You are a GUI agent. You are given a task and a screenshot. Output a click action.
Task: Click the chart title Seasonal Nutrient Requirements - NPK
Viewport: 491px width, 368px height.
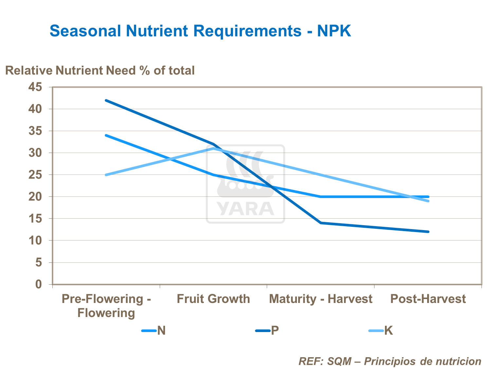pyautogui.click(x=200, y=31)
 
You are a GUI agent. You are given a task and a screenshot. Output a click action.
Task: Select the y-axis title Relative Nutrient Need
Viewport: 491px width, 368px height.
pyautogui.click(x=100, y=70)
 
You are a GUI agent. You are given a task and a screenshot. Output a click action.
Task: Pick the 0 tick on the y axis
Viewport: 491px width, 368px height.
pyautogui.click(x=39, y=284)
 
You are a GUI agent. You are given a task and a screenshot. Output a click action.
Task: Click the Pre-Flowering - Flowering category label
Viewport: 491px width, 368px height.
pyautogui.click(x=106, y=306)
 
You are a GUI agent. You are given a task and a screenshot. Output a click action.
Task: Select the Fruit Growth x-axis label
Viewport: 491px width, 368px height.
pyautogui.click(x=213, y=299)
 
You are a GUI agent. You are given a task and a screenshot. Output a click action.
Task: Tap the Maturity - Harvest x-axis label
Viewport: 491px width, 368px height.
pyautogui.click(x=320, y=299)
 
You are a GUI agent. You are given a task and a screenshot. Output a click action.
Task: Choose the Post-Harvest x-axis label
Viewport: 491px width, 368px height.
pyautogui.click(x=428, y=299)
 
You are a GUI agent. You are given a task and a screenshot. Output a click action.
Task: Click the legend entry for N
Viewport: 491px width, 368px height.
pyautogui.click(x=154, y=331)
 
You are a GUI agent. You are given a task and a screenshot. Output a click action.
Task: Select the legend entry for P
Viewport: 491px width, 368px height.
pyautogui.click(x=267, y=331)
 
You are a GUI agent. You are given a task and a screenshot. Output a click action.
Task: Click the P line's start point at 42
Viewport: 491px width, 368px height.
pyautogui.click(x=106, y=100)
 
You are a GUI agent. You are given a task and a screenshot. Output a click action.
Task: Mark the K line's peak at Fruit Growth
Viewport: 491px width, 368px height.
pyautogui.click(x=213, y=148)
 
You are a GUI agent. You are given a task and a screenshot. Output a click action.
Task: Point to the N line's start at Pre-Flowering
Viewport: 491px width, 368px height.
pyautogui.click(x=106, y=135)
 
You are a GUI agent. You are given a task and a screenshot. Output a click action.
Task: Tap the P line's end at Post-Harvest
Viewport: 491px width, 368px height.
pyautogui.click(x=428, y=232)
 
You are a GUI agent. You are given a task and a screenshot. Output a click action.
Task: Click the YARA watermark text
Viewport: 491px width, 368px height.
pyautogui.click(x=245, y=209)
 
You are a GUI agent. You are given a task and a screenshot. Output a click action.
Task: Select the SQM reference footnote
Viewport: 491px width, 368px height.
pyautogui.click(x=390, y=361)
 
